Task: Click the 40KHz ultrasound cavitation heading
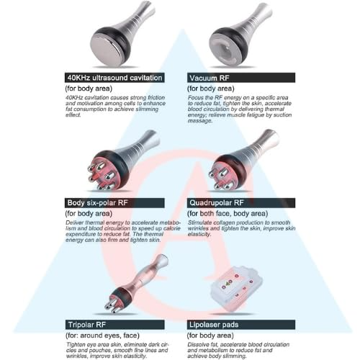[114, 78]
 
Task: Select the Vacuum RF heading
[210, 78]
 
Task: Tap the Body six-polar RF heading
[97, 203]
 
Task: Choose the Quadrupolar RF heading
[217, 203]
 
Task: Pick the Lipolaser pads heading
[214, 325]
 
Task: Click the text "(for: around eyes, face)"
[102, 336]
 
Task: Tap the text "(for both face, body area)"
[228, 214]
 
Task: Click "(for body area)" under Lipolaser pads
[210, 336]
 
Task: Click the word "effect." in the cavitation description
[73, 115]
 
